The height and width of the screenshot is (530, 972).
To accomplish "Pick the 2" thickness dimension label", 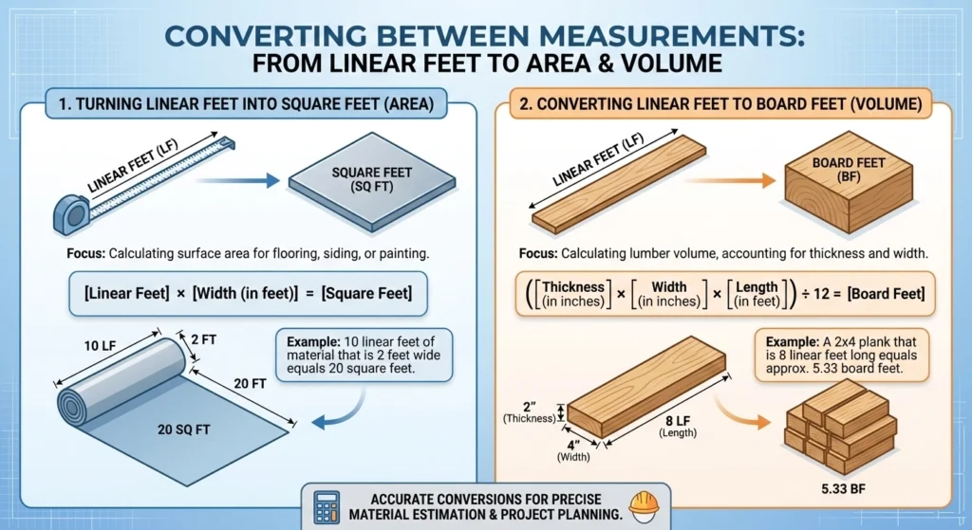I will point(528,410).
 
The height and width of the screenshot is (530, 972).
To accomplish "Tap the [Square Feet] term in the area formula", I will point(366,294).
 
